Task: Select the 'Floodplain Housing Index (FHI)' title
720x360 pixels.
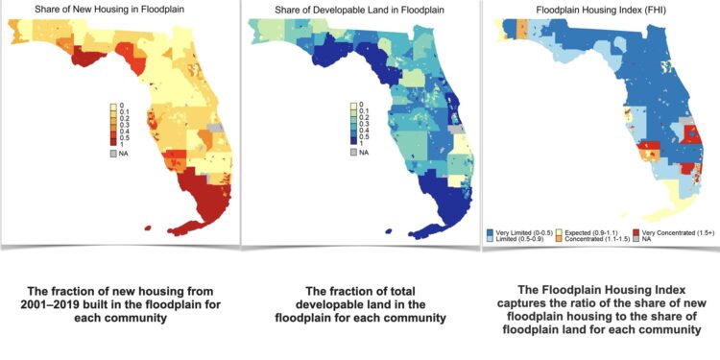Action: (601, 10)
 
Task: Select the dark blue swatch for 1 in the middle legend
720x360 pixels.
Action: (354, 142)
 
